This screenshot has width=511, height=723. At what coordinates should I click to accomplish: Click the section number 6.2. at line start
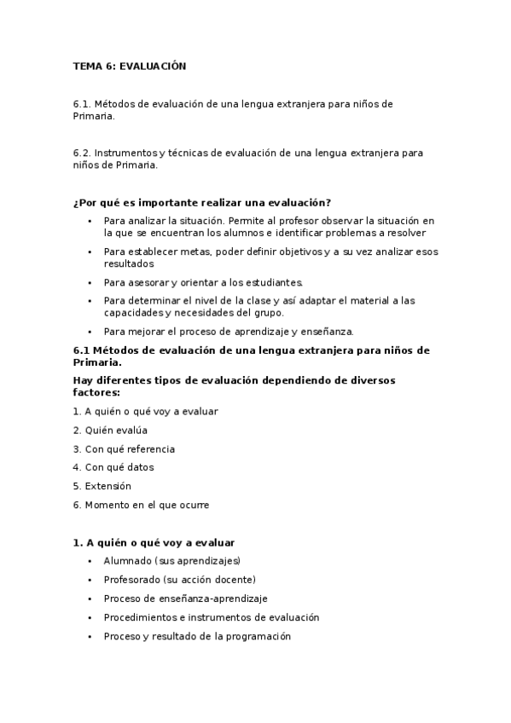point(82,153)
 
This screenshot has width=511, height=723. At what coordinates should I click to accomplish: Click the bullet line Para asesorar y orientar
point(203,281)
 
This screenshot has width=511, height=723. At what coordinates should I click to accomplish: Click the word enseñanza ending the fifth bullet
point(328,331)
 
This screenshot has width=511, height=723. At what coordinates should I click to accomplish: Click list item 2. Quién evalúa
point(110,430)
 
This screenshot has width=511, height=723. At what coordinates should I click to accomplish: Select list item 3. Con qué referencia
point(124,448)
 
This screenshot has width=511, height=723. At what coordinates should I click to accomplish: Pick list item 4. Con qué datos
point(113,467)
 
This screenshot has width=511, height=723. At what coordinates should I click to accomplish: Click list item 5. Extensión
point(102,486)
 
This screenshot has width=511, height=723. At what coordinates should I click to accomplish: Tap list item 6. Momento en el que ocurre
point(141,505)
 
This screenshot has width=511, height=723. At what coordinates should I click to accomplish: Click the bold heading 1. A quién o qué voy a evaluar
point(154,542)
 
